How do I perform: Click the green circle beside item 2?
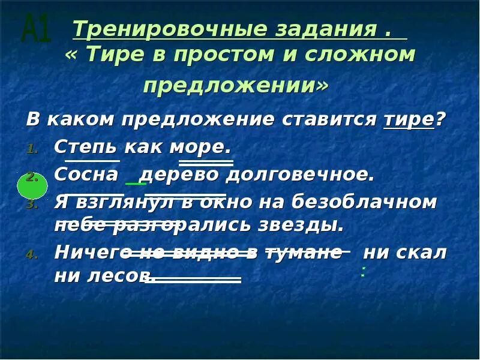point(32,184)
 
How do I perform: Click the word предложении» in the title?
point(236,85)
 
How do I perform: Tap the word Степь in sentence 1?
point(87,147)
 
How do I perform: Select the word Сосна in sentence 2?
point(86,175)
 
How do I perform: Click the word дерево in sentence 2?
point(179,175)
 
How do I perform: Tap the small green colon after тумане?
point(364,271)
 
